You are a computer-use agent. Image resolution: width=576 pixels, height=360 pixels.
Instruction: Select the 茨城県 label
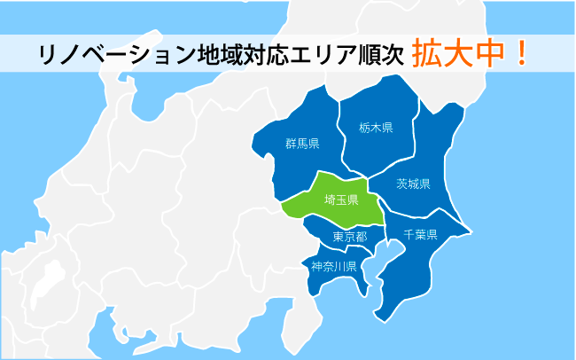(413, 184)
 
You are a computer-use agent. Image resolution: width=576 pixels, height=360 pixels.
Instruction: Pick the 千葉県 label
(420, 235)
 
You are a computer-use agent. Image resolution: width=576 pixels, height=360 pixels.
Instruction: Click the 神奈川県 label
(333, 266)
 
